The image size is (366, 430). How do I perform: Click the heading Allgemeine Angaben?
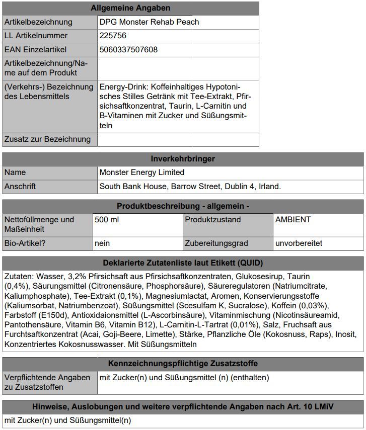(x=130, y=8)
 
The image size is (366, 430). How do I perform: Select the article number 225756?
(x=113, y=36)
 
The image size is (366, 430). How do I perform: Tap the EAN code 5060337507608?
(x=128, y=50)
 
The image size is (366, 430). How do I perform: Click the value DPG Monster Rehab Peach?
(x=149, y=22)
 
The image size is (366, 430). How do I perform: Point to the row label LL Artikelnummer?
(x=36, y=36)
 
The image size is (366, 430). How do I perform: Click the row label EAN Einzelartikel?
(x=35, y=50)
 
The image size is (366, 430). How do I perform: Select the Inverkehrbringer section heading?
(x=183, y=159)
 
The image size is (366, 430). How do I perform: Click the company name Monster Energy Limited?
(x=142, y=173)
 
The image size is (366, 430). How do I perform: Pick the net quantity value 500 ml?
(x=107, y=220)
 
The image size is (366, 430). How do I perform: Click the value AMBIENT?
(x=293, y=220)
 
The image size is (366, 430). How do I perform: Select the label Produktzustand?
(x=212, y=220)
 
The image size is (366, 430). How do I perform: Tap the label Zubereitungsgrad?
(x=216, y=243)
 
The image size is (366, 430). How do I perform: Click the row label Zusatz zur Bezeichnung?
(x=47, y=139)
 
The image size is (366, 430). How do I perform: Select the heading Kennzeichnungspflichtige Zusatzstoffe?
(x=183, y=364)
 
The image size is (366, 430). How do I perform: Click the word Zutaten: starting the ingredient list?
(x=19, y=277)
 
